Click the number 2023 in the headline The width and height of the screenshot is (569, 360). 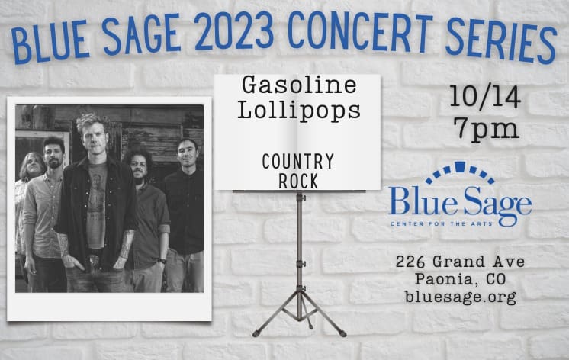click(x=234, y=31)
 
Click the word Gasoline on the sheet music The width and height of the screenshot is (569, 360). click(x=299, y=85)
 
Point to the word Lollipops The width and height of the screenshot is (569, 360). click(x=299, y=110)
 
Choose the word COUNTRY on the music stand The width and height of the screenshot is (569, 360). click(x=298, y=162)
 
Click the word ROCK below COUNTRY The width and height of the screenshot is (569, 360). click(x=298, y=181)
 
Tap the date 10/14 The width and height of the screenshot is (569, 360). click(x=485, y=98)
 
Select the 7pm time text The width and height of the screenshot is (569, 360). click(x=486, y=129)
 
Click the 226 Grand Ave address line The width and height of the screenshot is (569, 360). click(x=460, y=262)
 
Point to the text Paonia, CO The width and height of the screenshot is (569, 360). click(x=460, y=279)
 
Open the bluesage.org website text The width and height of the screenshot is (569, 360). click(x=460, y=297)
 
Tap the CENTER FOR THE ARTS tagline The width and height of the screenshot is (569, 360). click(x=442, y=223)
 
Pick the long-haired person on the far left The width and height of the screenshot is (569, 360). click(x=30, y=203)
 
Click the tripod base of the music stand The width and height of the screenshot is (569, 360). click(x=300, y=313)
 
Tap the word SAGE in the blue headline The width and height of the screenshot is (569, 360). click(x=141, y=34)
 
